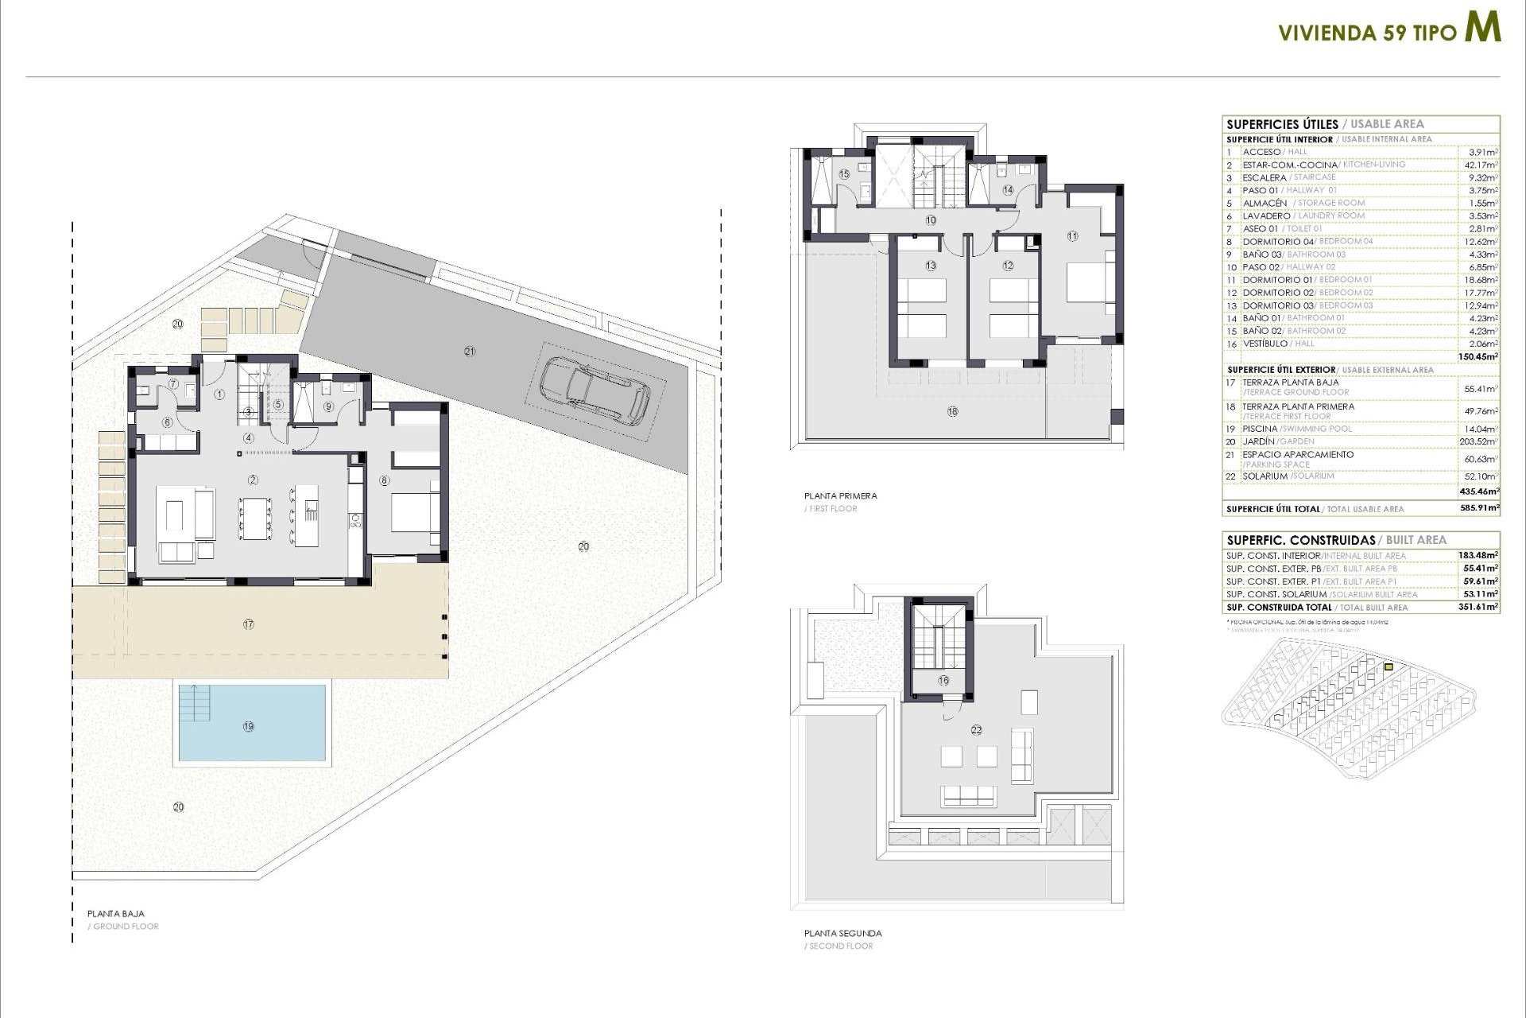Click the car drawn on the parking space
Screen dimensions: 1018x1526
[x=595, y=389]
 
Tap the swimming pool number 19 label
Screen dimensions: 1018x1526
[x=249, y=726]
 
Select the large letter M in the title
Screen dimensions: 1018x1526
[x=1483, y=28]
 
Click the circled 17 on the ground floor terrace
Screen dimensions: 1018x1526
[x=249, y=624]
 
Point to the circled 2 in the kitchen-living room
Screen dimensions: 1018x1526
[x=253, y=480]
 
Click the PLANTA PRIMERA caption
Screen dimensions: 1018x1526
[x=840, y=495]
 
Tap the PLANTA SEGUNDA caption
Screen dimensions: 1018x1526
[x=842, y=933]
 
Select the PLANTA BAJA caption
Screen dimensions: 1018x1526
[x=116, y=914]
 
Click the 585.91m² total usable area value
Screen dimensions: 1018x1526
[x=1478, y=508]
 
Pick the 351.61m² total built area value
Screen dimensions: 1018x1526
[x=1478, y=607]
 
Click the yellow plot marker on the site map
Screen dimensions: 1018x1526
[x=1389, y=667]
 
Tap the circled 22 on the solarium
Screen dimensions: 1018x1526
[x=977, y=729]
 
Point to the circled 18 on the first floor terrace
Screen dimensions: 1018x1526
[x=952, y=411]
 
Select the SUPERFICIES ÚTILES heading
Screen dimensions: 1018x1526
[x=1282, y=124]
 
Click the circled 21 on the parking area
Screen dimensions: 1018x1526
[x=470, y=351]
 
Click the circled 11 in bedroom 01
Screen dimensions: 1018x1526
[x=1072, y=236]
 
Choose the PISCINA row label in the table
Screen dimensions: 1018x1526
[x=1260, y=429]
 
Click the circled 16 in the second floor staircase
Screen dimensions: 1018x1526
[x=943, y=680]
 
